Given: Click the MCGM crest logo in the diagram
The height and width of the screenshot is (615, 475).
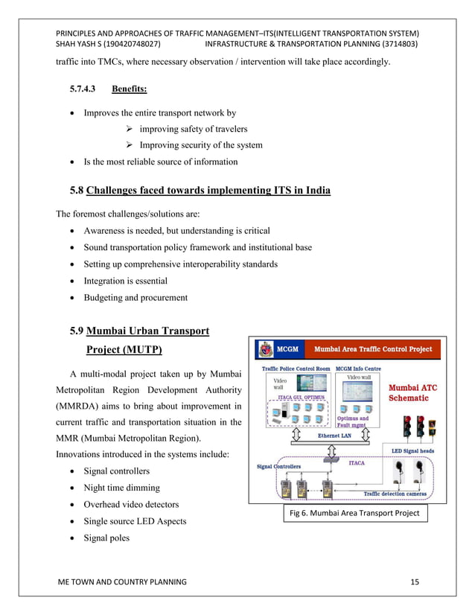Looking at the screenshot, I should point(264,349).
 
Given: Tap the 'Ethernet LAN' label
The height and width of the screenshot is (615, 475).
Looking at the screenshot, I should point(334,436).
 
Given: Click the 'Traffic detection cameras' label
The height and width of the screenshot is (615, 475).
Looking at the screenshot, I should point(395,493).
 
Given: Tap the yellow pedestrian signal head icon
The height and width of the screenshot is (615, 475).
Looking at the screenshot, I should point(432,428).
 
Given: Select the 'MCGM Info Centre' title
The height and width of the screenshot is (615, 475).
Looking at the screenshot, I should point(358,368).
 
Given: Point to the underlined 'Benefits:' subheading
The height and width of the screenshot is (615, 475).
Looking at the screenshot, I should point(129,89).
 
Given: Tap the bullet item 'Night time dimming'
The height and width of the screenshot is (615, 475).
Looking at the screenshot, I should point(121,488).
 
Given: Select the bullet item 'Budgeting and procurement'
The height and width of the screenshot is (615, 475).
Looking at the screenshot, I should point(136,298).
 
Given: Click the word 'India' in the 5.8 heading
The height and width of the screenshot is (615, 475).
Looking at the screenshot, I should point(313,190).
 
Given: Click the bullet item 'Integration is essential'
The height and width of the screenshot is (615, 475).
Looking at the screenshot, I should point(125,281).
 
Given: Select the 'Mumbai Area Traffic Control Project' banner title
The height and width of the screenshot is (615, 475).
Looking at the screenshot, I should point(372,348).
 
